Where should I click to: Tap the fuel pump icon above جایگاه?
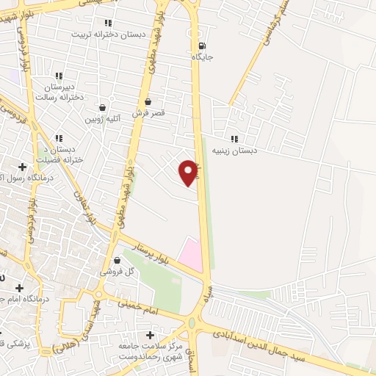coord(202,44)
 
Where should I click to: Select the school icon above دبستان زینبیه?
coord(234,139)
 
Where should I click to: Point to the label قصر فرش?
coord(148,113)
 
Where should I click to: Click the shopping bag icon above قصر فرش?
coord(148,102)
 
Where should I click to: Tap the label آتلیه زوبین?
coord(102,118)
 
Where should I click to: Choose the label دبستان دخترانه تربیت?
coord(109,34)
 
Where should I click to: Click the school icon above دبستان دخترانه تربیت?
coord(109,23)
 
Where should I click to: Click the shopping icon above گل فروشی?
coord(117,260)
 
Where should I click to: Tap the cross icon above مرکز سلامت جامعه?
coord(151,335)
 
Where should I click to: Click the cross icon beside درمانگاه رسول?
coord(23,167)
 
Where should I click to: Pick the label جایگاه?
coord(202,56)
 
